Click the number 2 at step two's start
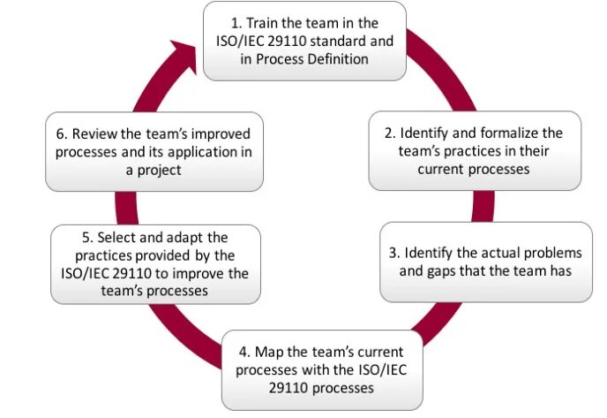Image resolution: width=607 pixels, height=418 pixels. (x=388, y=133)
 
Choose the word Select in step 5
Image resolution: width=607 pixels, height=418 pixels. (x=116, y=238)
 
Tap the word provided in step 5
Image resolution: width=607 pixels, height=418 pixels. (x=156, y=255)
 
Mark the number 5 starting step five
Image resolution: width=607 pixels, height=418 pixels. (x=86, y=238)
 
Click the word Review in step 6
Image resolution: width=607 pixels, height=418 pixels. (x=94, y=134)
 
